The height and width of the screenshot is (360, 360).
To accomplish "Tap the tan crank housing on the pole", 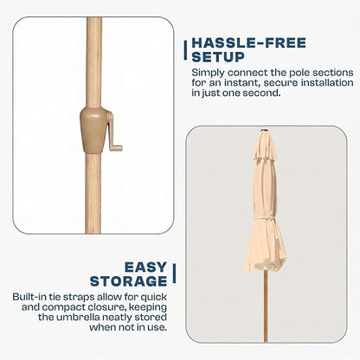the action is click(x=93, y=130).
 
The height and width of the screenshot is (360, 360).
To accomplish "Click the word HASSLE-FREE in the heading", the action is click(x=248, y=43).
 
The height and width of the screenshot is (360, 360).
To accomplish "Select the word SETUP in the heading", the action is click(x=218, y=57).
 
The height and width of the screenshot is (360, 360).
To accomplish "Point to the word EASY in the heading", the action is click(x=146, y=267).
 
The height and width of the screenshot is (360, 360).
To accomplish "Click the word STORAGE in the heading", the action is click(x=129, y=281).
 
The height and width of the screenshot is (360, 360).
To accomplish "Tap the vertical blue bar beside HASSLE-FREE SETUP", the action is click(x=185, y=50).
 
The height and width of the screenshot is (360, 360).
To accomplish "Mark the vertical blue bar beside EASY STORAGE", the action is click(x=174, y=273).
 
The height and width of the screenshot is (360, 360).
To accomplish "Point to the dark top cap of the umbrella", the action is click(x=265, y=131).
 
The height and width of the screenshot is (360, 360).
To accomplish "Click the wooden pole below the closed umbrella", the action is click(x=266, y=305).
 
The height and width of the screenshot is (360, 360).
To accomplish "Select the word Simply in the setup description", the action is click(x=208, y=73).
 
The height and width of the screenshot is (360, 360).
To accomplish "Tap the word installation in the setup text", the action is click(x=327, y=83).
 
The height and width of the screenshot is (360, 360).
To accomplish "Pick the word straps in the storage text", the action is click(x=78, y=298).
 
